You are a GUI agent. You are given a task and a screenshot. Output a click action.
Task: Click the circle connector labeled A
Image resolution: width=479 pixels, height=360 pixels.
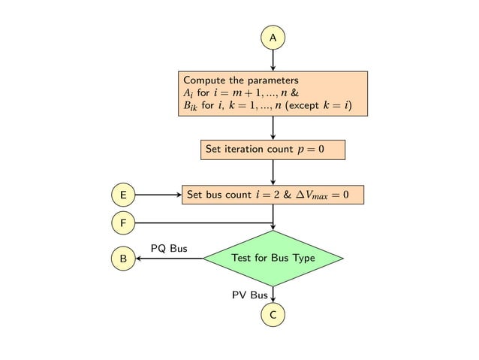point(273,37)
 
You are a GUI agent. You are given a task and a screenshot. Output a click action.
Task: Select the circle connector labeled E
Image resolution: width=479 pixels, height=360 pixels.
point(122,195)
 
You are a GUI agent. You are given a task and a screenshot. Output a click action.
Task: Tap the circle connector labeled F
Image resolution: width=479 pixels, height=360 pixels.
point(122,222)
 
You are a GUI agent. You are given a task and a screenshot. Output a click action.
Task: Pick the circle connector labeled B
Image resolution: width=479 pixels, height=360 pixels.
point(122,259)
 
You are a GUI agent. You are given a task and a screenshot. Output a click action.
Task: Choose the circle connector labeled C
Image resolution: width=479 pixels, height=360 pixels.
point(273,316)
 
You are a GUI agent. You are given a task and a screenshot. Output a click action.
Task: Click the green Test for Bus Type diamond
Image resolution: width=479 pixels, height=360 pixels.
point(273,259)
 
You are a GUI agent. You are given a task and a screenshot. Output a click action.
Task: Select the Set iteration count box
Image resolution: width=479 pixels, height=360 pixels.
point(273,150)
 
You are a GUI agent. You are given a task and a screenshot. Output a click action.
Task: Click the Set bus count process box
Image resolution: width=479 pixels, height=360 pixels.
point(273,195)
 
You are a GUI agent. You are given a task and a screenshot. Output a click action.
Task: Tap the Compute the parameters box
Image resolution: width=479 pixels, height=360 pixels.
point(273,94)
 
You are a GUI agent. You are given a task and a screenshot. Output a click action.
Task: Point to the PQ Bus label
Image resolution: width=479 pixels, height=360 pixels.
point(169,248)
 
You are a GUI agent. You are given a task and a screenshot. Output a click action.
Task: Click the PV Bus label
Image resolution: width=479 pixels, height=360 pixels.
point(249,295)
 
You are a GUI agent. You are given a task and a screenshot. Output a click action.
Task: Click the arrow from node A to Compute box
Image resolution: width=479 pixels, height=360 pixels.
point(273,60)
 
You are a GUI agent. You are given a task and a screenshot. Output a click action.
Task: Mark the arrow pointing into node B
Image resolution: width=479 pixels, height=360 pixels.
point(169,259)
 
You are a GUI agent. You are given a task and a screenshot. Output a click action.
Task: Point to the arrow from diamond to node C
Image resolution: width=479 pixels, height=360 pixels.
point(273,295)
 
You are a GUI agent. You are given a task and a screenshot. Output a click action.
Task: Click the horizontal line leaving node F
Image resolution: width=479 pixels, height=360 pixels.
point(203,222)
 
